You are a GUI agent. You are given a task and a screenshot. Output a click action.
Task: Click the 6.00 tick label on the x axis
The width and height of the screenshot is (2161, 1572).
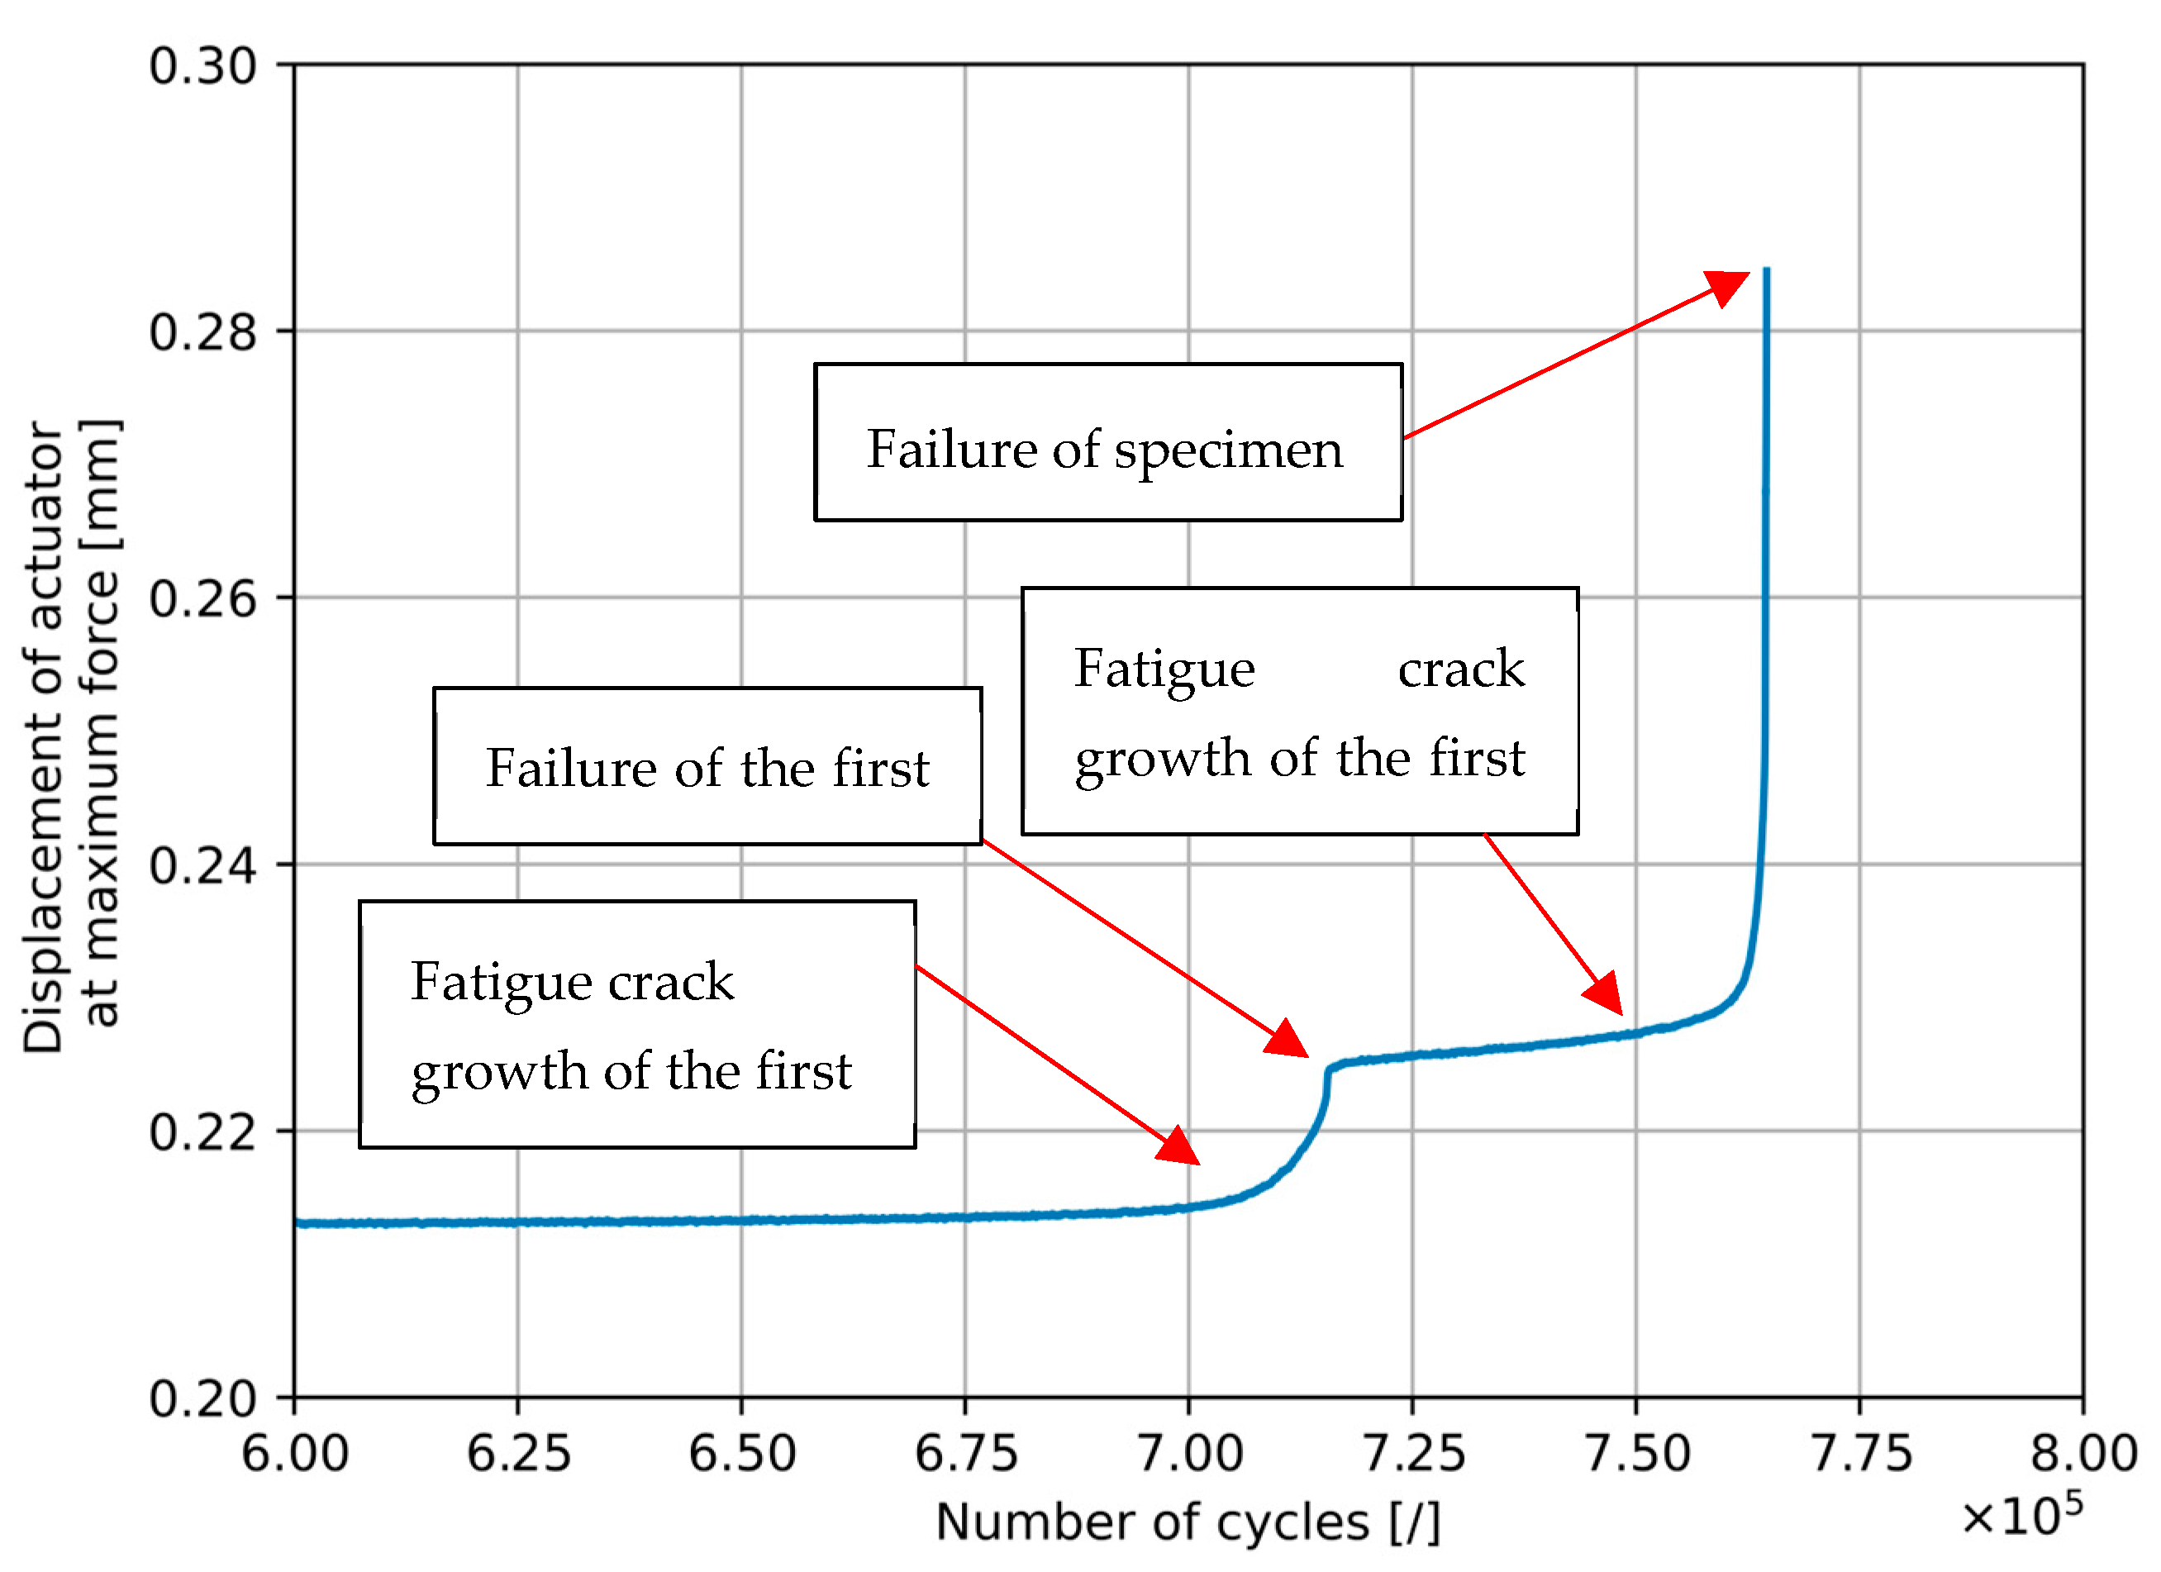coord(295,1454)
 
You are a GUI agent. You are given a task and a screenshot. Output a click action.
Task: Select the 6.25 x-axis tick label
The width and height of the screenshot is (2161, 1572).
coord(518,1454)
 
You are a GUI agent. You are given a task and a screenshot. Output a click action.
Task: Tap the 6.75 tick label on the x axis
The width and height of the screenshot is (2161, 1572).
coord(966,1454)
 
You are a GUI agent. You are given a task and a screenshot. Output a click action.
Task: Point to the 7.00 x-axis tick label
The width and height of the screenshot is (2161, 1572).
coord(1190,1454)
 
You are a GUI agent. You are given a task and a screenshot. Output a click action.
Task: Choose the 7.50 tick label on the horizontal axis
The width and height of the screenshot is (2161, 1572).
coord(1637,1454)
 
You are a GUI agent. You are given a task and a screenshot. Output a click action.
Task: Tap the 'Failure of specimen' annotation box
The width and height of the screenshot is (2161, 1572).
coord(1108,442)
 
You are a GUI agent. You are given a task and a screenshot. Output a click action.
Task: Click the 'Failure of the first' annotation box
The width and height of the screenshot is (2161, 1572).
coord(707,766)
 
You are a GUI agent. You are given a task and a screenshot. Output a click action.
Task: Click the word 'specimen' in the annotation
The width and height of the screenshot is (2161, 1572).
coord(1228,450)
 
